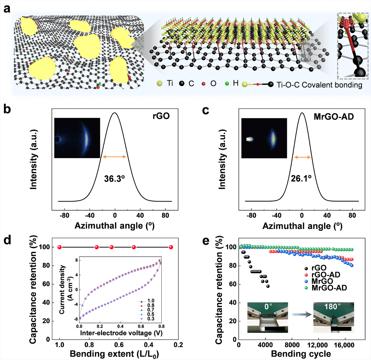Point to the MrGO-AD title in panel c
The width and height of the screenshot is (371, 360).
point(334,116)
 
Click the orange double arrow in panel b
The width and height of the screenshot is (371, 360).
point(115,157)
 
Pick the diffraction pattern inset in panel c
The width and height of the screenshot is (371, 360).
point(264,138)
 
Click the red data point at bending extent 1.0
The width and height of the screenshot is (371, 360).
point(59,247)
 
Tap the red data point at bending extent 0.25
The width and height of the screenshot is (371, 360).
point(171,247)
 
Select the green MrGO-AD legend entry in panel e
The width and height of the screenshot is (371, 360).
point(329,288)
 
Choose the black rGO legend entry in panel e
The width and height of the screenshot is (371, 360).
point(319,268)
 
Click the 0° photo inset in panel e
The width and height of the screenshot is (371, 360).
point(267,317)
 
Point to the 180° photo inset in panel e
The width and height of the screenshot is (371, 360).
point(334,317)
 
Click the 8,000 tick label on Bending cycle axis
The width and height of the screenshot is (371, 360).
point(292,345)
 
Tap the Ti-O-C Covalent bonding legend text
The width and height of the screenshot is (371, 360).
point(319,85)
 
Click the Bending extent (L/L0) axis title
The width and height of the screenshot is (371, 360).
point(114,354)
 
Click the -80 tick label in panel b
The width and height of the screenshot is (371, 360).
point(64,216)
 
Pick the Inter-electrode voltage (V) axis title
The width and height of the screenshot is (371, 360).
point(121,333)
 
